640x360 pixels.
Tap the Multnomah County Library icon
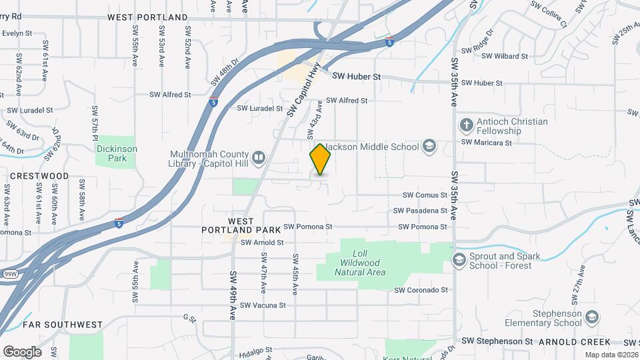pyautogui.click(x=259, y=158)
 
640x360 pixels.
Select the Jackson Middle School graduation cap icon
pyautogui.click(x=429, y=147)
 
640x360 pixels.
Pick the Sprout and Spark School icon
pyautogui.click(x=459, y=259)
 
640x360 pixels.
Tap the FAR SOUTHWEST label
pyautogui.click(x=63, y=325)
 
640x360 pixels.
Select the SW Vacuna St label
pyautogui.click(x=263, y=305)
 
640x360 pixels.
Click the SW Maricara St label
pyautogui.click(x=487, y=142)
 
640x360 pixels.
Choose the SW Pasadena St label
pyautogui.click(x=420, y=211)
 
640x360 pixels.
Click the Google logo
pyautogui.click(x=22, y=351)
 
